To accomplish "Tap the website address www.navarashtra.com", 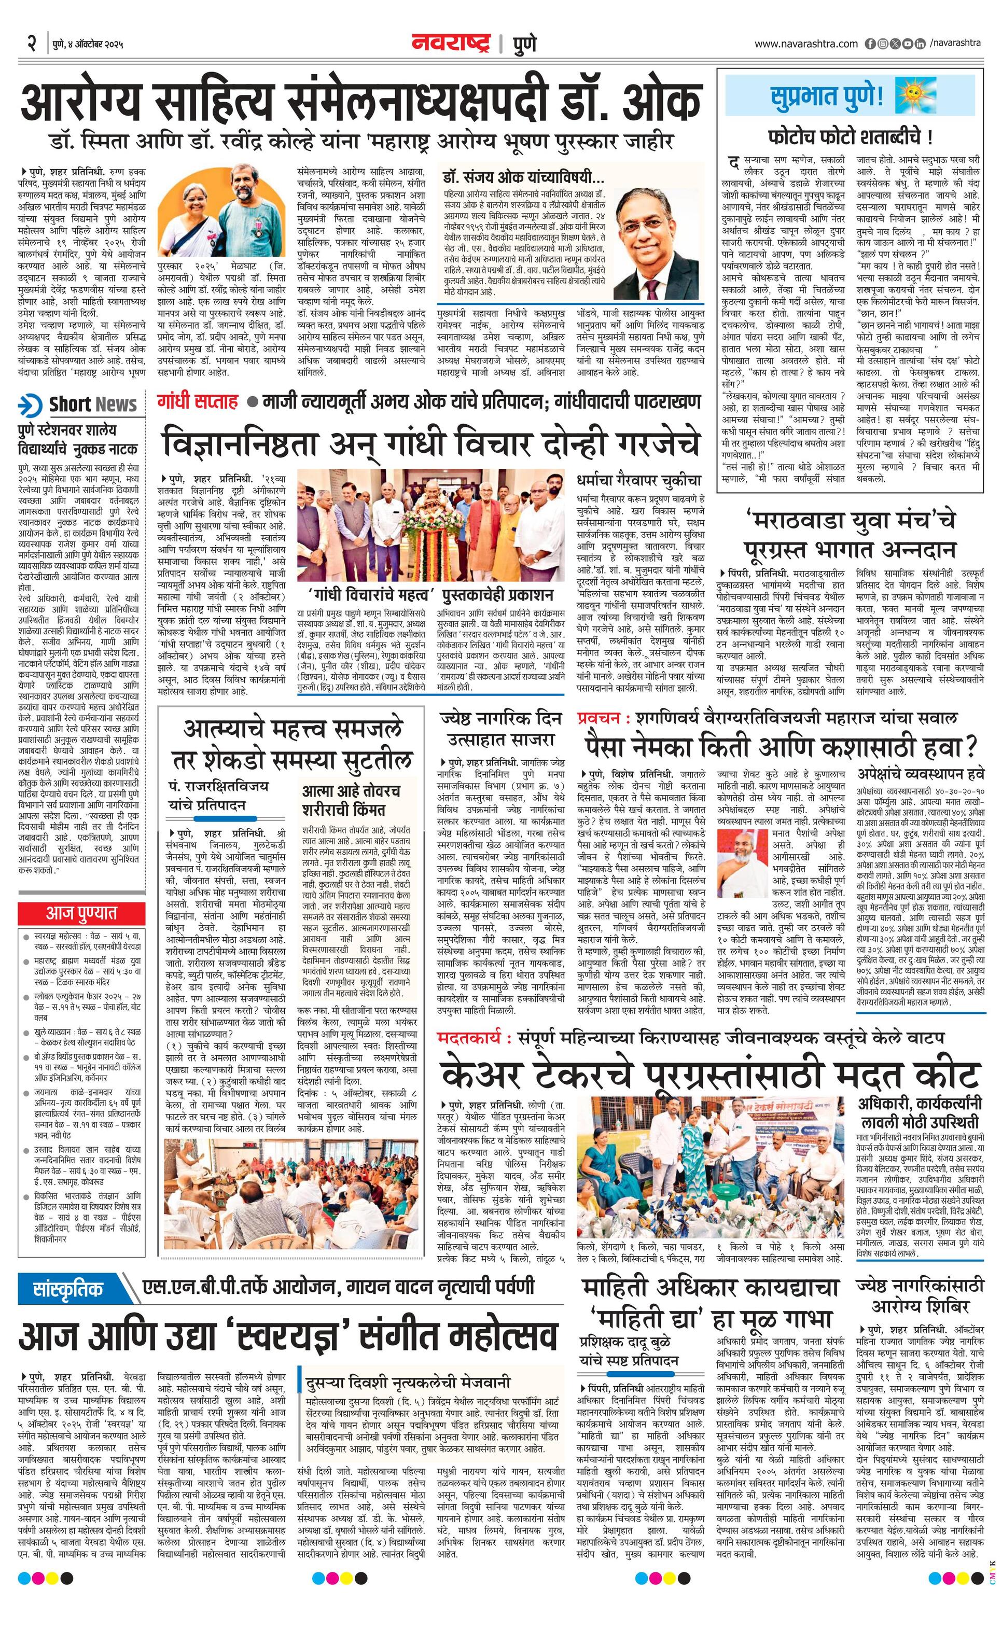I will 806,44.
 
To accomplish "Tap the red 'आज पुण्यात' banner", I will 81,913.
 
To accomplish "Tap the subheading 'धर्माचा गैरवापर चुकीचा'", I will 639,480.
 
